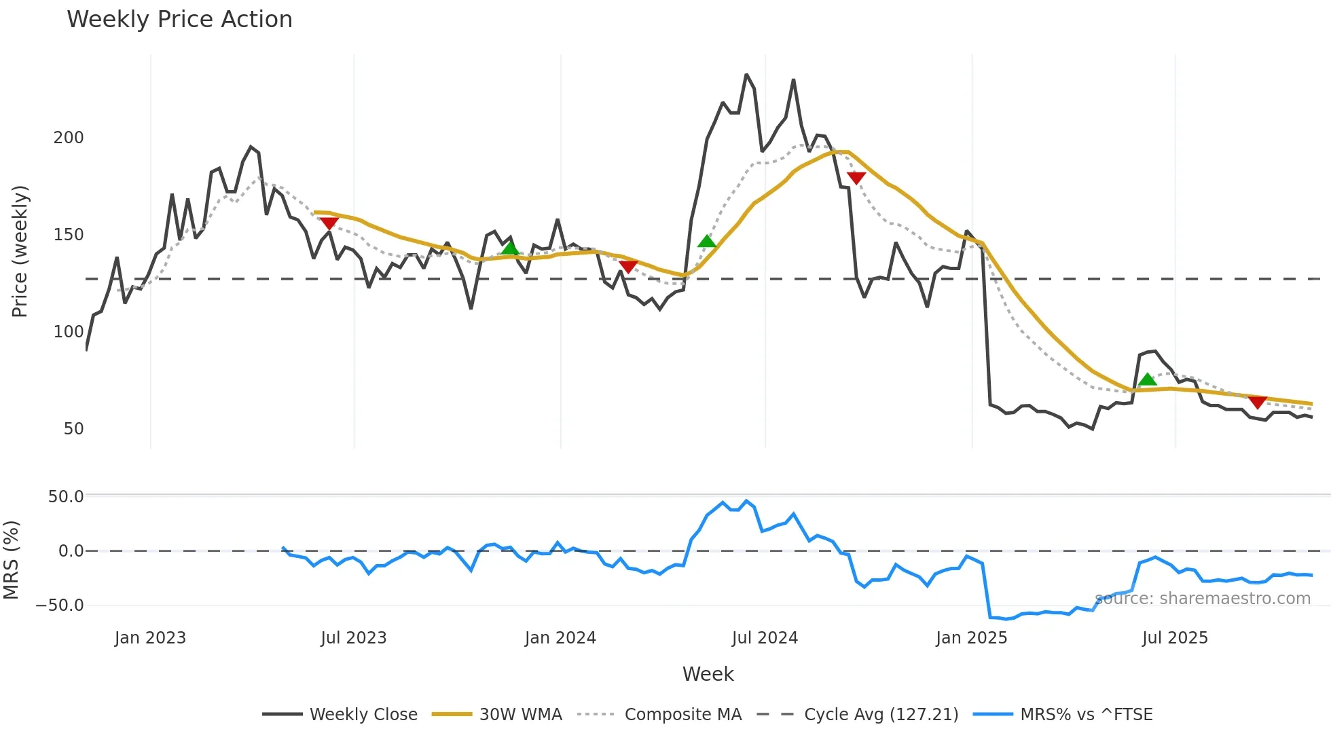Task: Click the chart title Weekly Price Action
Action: point(179,20)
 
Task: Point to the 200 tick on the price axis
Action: point(69,138)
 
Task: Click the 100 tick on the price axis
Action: point(69,332)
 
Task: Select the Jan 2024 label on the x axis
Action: point(560,638)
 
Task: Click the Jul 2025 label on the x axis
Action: point(1175,638)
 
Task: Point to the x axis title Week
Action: point(708,674)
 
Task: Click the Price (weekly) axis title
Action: point(20,251)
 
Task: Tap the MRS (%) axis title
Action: point(12,560)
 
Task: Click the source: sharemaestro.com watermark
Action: point(1203,599)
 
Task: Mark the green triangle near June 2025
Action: point(1147,379)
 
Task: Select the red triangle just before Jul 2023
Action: point(329,223)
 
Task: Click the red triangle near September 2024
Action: point(856,178)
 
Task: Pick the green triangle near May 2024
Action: point(707,241)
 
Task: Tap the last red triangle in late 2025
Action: point(1257,403)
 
